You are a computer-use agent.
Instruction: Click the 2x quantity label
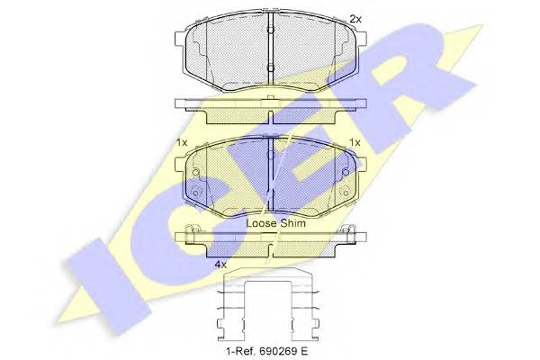tap(355, 19)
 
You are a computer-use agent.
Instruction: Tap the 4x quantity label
tap(220, 265)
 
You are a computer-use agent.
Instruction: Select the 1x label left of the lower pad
tap(182, 142)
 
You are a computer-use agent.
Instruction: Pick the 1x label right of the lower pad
tap(355, 142)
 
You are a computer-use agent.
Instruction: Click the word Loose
tap(261, 223)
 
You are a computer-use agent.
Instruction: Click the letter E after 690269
tap(303, 351)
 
